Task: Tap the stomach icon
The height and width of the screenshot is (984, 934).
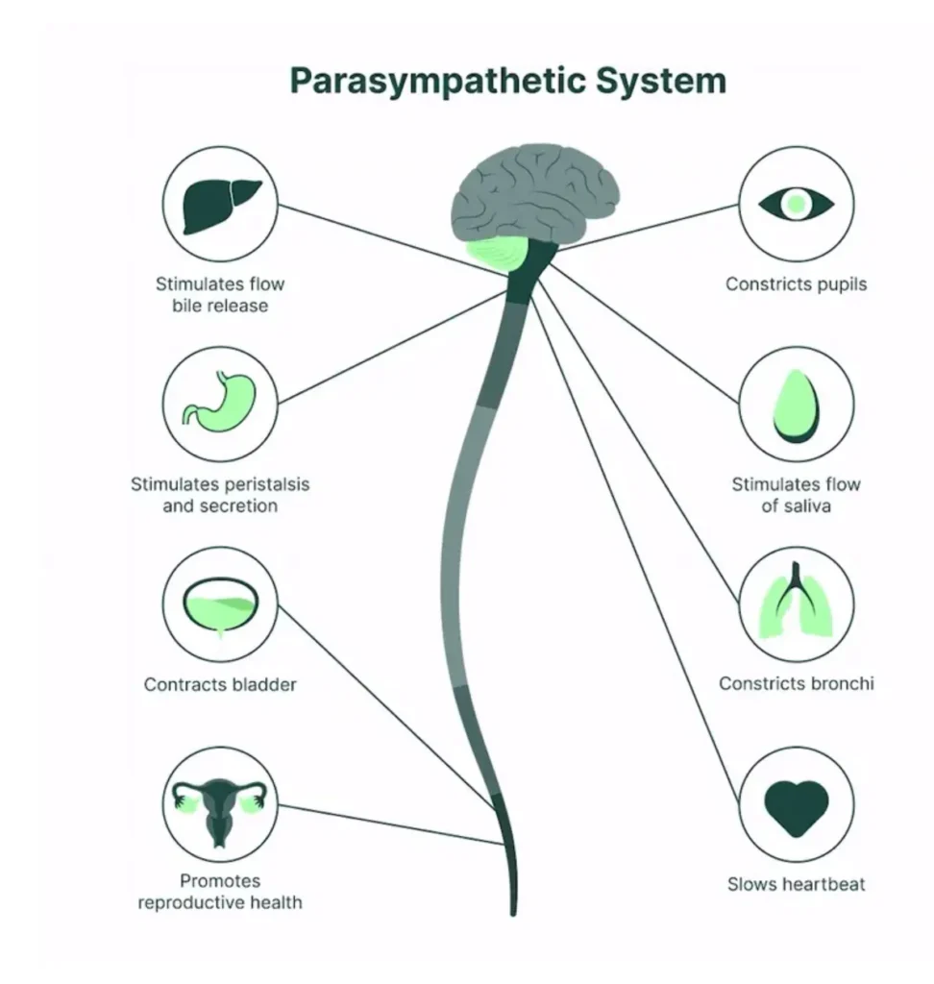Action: (x=220, y=402)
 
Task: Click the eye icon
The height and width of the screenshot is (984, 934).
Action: (x=796, y=203)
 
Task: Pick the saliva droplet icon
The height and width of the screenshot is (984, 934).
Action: (x=796, y=405)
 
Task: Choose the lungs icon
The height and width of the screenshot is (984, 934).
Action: (x=796, y=603)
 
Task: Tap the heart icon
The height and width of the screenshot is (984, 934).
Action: (x=796, y=805)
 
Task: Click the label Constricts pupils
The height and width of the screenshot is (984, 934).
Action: (x=796, y=284)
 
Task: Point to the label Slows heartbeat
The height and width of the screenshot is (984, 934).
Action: (x=796, y=883)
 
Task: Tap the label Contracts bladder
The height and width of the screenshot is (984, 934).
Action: (x=220, y=685)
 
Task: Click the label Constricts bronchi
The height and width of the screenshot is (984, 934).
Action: (x=796, y=684)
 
